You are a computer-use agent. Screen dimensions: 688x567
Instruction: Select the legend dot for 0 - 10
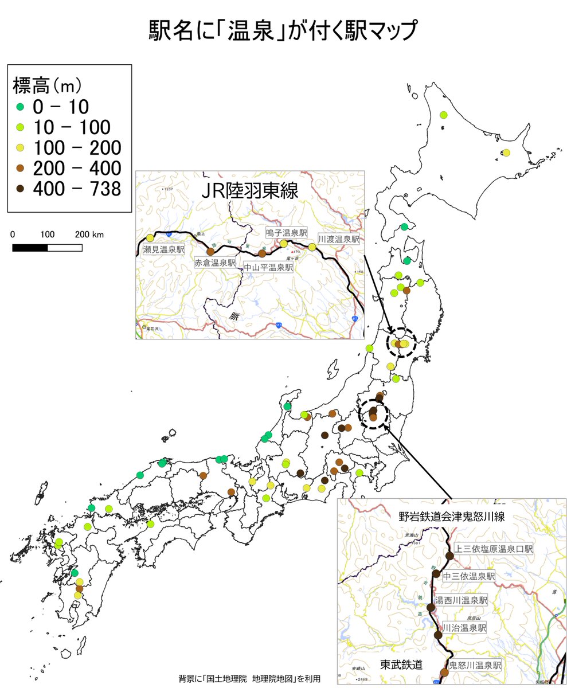click(20, 107)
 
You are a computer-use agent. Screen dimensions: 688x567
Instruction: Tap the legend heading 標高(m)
click(48, 86)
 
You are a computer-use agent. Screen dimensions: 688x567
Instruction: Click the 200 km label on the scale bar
click(89, 234)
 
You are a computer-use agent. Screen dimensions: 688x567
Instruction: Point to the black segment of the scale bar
click(30, 248)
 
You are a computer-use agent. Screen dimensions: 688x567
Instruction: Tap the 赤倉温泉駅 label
click(215, 263)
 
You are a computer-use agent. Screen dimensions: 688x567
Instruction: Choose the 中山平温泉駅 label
click(268, 268)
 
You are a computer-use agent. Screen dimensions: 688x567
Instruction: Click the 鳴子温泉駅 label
click(286, 233)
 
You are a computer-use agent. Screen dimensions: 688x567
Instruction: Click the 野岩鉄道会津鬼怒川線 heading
click(452, 517)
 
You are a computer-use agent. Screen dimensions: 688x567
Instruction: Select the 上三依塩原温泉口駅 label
click(494, 549)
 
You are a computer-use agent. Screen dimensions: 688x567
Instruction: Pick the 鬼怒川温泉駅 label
click(475, 666)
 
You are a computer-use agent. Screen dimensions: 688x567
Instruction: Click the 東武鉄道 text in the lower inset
click(402, 665)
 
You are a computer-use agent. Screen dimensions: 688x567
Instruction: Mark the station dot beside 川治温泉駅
click(438, 634)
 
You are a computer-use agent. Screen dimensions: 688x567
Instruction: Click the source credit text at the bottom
click(249, 679)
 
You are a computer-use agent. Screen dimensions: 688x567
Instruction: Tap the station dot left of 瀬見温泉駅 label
click(150, 238)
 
